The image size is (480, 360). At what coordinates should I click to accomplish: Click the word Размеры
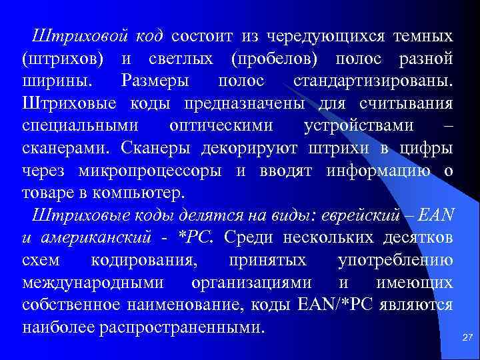(155, 81)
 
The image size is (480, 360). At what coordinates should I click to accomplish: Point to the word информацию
(377, 171)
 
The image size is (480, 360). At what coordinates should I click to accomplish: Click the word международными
(93, 283)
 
